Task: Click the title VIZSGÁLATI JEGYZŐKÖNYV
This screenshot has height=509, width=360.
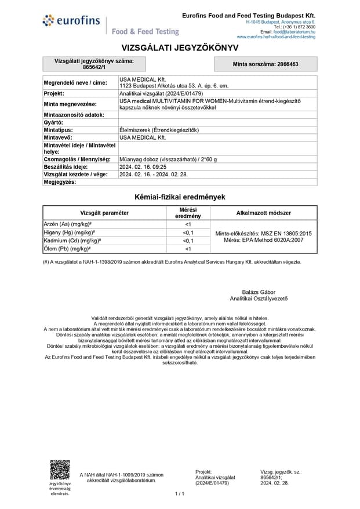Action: click(180, 48)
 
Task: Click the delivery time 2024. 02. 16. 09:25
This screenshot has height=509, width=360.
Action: click(142, 166)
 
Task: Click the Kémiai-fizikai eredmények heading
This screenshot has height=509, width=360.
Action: click(180, 197)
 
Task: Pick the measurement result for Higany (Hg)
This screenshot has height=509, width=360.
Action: click(188, 232)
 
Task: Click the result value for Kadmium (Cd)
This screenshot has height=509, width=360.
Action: click(188, 241)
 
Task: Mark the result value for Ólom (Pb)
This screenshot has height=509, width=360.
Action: click(188, 249)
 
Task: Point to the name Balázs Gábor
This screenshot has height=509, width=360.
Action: click(259, 292)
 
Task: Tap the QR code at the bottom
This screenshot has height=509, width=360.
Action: click(59, 470)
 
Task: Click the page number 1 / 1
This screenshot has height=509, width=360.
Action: click(180, 493)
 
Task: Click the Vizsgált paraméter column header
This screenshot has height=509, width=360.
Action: click(104, 213)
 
